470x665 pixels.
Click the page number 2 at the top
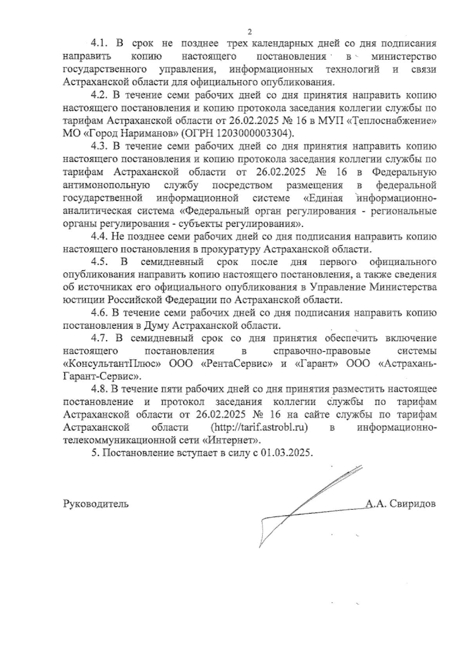point(249,31)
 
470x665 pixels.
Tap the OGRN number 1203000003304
point(252,133)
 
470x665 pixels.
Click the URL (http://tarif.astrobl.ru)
point(259,427)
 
